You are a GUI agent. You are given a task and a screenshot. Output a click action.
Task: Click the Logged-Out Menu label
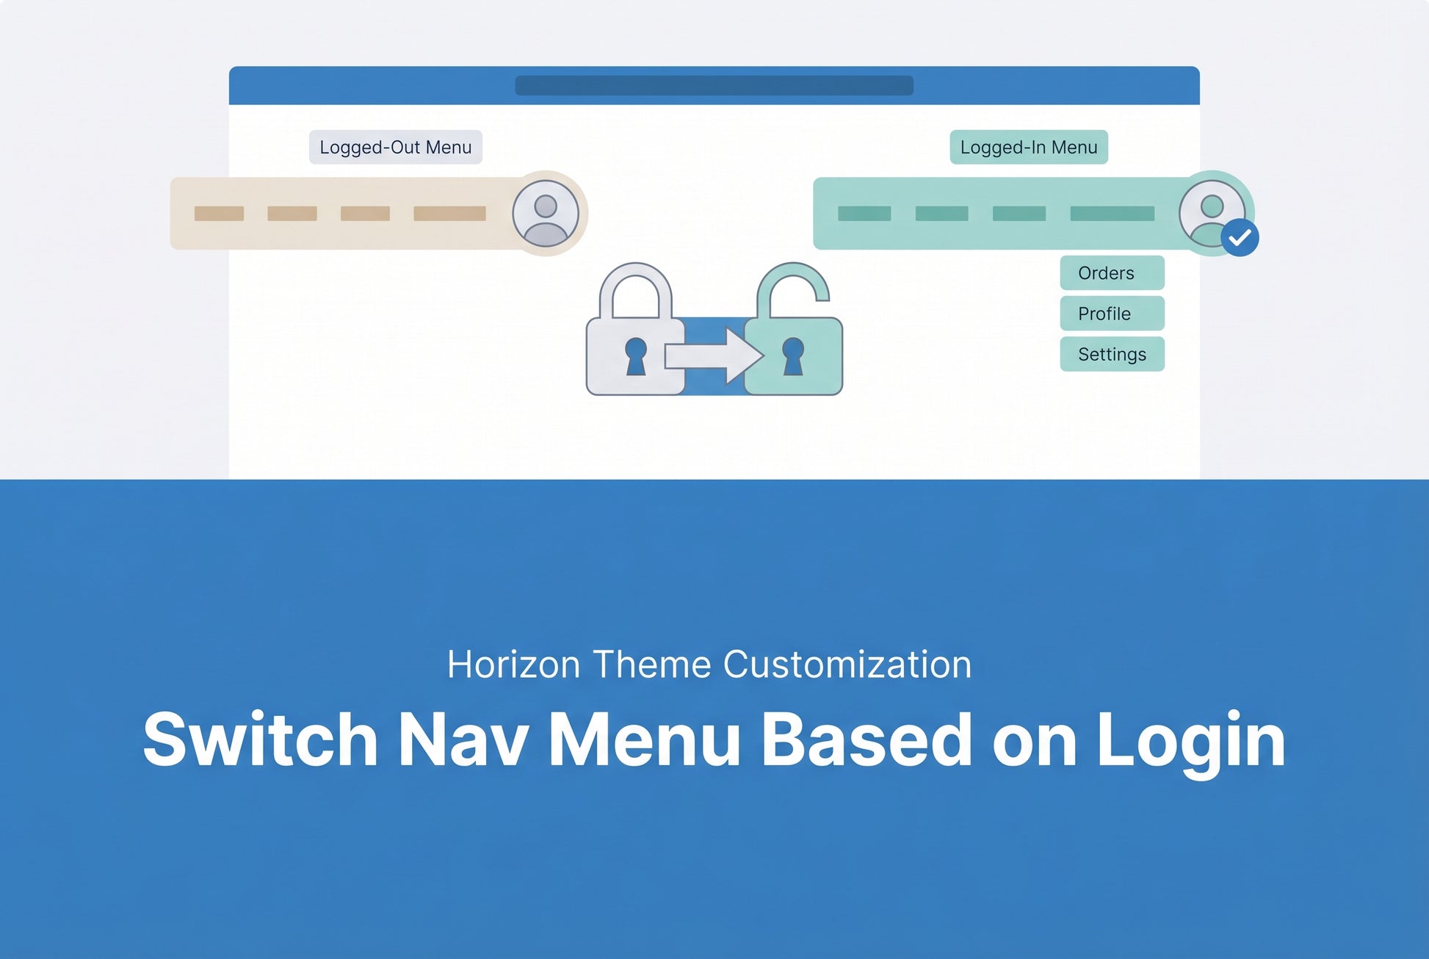pyautogui.click(x=395, y=147)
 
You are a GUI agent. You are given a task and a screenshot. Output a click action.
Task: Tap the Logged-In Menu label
pyautogui.click(x=1028, y=147)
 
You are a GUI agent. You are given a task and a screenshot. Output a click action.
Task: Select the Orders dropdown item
pyautogui.click(x=1112, y=272)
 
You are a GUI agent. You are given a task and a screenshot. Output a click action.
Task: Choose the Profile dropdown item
pyautogui.click(x=1112, y=314)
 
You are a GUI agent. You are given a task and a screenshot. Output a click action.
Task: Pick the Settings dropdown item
pyautogui.click(x=1112, y=354)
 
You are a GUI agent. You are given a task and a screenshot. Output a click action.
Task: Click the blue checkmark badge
pyautogui.click(x=1240, y=237)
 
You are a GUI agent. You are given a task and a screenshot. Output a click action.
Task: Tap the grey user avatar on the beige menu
pyautogui.click(x=546, y=214)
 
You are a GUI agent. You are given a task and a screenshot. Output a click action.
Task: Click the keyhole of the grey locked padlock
pyautogui.click(x=636, y=356)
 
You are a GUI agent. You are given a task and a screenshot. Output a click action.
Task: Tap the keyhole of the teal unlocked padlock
pyautogui.click(x=793, y=356)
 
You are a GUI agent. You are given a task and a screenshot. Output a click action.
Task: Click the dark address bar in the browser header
pyautogui.click(x=714, y=85)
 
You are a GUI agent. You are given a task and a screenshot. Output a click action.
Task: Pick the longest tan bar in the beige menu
pyautogui.click(x=449, y=214)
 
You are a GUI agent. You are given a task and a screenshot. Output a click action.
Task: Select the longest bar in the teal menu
pyautogui.click(x=1112, y=214)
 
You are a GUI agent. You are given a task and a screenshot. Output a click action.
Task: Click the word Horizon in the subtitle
pyautogui.click(x=514, y=665)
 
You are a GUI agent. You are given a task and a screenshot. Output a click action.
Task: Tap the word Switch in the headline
pyautogui.click(x=260, y=739)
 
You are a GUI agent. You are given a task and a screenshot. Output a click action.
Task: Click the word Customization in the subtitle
pyautogui.click(x=847, y=665)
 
